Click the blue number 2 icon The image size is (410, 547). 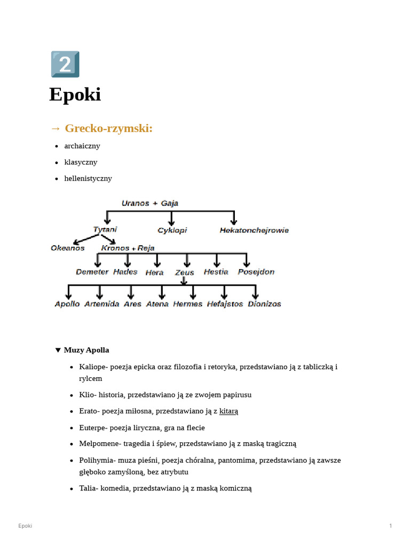tap(65, 65)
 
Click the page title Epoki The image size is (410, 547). tap(75, 95)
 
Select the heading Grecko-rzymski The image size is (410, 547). tap(108, 128)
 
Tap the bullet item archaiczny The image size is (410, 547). tap(82, 146)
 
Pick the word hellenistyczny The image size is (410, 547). tap(88, 178)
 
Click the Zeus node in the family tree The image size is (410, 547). tap(185, 272)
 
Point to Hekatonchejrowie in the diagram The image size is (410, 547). tap(254, 230)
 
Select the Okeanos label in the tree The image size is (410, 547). tap(68, 248)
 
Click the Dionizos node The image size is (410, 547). tap(264, 304)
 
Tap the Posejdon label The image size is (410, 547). tap(256, 272)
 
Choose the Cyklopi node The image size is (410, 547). tap(172, 230)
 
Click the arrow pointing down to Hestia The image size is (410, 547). tap(216, 260)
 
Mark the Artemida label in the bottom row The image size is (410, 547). tap(101, 304)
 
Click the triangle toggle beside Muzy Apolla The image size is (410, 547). tap(58, 350)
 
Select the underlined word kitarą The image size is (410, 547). tap(228, 411)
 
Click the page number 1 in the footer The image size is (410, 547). tap(391, 526)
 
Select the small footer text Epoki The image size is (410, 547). tap(25, 526)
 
